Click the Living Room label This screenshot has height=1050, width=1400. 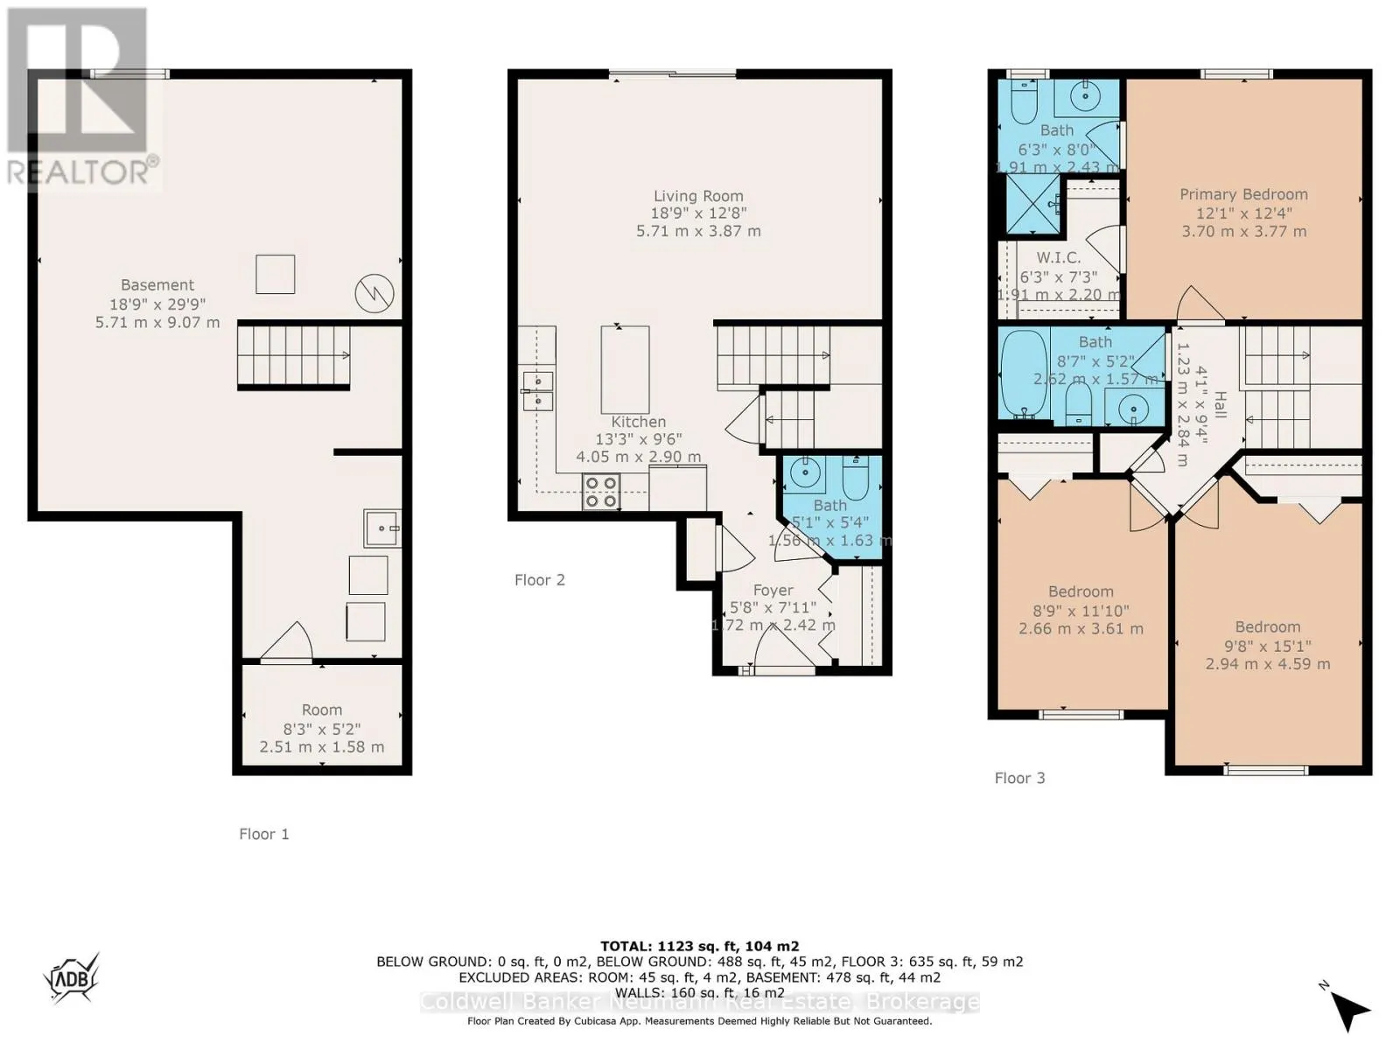(x=698, y=197)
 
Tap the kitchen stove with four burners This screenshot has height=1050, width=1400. (x=601, y=492)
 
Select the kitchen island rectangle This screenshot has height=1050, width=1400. (x=625, y=369)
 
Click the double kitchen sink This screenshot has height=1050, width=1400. (x=538, y=390)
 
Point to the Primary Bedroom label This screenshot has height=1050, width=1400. (x=1243, y=195)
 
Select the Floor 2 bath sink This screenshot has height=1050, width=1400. (x=804, y=473)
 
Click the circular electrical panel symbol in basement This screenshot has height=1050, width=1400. (x=374, y=294)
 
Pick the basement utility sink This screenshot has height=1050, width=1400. (x=382, y=528)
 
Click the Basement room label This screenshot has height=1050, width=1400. (x=157, y=285)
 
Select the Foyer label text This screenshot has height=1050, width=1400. (x=773, y=591)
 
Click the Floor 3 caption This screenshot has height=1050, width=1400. (x=1019, y=778)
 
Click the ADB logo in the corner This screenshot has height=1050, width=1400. (x=72, y=978)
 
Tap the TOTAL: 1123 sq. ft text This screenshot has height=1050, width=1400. (x=699, y=946)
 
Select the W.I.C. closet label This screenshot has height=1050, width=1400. (x=1059, y=258)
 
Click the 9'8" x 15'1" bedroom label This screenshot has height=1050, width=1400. (x=1267, y=646)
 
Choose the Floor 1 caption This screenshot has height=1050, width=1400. (x=263, y=834)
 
